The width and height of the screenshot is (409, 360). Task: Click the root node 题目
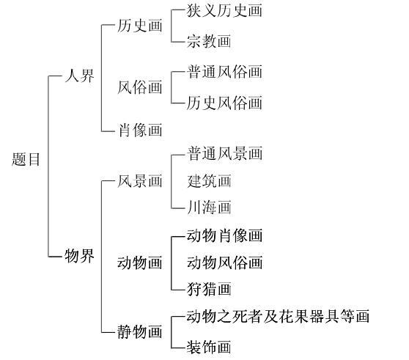(x=26, y=159)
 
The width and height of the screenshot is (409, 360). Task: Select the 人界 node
(x=80, y=76)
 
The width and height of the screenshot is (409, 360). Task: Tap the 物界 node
(x=80, y=256)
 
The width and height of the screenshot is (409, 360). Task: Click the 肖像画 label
(x=140, y=130)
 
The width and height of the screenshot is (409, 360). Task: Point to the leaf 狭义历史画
(x=224, y=10)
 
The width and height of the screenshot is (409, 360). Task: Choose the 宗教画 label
(x=209, y=41)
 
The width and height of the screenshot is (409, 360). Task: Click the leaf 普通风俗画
(x=224, y=71)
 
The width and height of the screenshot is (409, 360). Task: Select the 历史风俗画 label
(x=224, y=103)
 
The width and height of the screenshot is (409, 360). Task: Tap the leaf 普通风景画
(x=224, y=153)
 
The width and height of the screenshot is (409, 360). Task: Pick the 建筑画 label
(x=209, y=181)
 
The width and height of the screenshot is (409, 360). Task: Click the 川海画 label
(x=209, y=207)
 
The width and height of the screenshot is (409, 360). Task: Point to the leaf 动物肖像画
(x=224, y=235)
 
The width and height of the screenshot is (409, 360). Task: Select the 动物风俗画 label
(x=224, y=262)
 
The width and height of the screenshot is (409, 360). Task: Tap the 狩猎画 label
(x=209, y=289)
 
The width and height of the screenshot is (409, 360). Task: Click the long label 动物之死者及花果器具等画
(x=278, y=316)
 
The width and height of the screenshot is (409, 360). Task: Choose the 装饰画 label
(x=209, y=348)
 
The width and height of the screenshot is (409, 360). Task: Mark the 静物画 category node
(x=140, y=332)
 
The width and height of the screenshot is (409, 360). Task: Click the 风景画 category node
(x=140, y=181)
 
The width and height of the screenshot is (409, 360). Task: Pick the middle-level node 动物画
(x=140, y=262)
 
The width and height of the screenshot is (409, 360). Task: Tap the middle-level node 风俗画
(x=140, y=87)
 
